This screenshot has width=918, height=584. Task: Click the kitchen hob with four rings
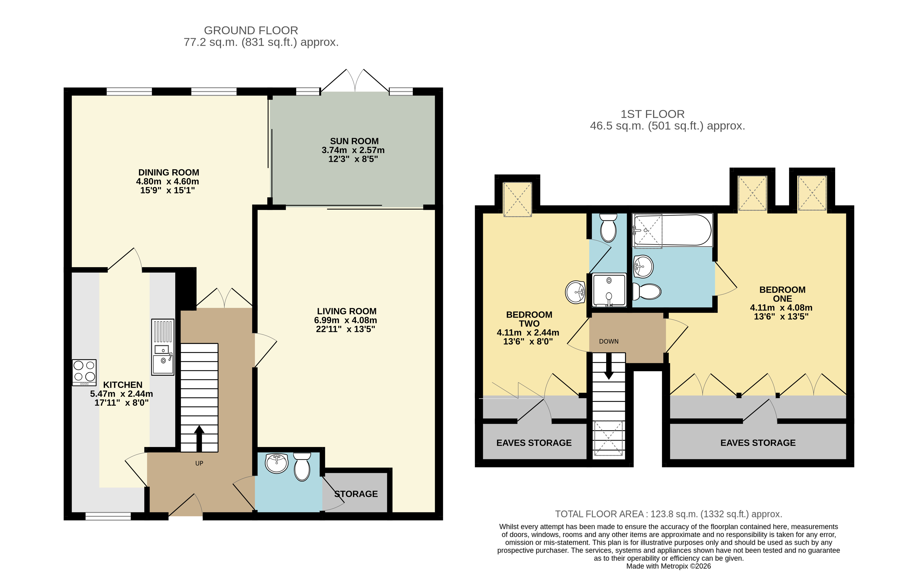pos(84,373)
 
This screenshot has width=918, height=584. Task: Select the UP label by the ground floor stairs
pos(199,463)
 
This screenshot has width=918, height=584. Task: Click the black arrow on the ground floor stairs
pos(199,438)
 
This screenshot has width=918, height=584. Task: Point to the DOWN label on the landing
pos(609,341)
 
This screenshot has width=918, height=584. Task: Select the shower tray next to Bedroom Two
pos(609,290)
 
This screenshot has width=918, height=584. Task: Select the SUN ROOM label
pos(354,141)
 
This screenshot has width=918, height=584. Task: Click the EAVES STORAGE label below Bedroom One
pos(758,443)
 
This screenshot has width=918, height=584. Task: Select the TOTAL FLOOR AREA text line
pos(668,514)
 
